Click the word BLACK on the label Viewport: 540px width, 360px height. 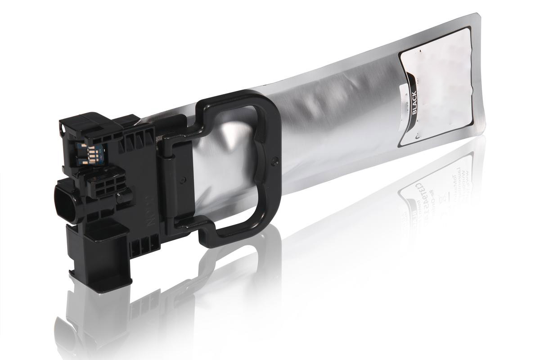click(x=414, y=103)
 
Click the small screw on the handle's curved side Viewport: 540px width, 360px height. click(x=275, y=159)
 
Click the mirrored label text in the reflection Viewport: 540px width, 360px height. click(x=432, y=180)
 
